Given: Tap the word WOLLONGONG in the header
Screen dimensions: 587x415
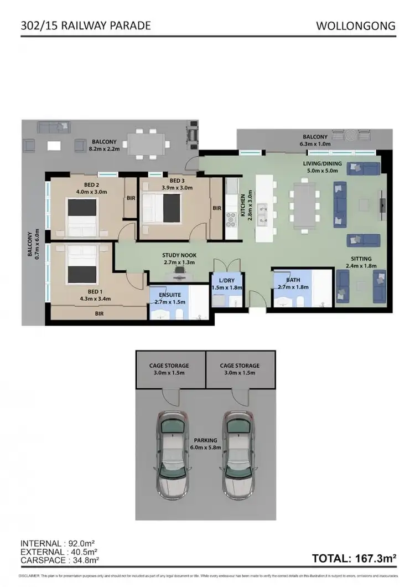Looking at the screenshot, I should tap(356, 25).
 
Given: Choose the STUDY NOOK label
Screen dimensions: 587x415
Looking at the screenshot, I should tap(178, 255).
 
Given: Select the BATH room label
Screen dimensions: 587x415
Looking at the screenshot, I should tap(285, 280).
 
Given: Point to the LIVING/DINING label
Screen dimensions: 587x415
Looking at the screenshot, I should tap(322, 164).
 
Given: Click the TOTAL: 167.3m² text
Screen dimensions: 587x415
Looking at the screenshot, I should tap(354, 559).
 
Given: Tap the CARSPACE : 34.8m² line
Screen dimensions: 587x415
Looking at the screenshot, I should tap(60, 560).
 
